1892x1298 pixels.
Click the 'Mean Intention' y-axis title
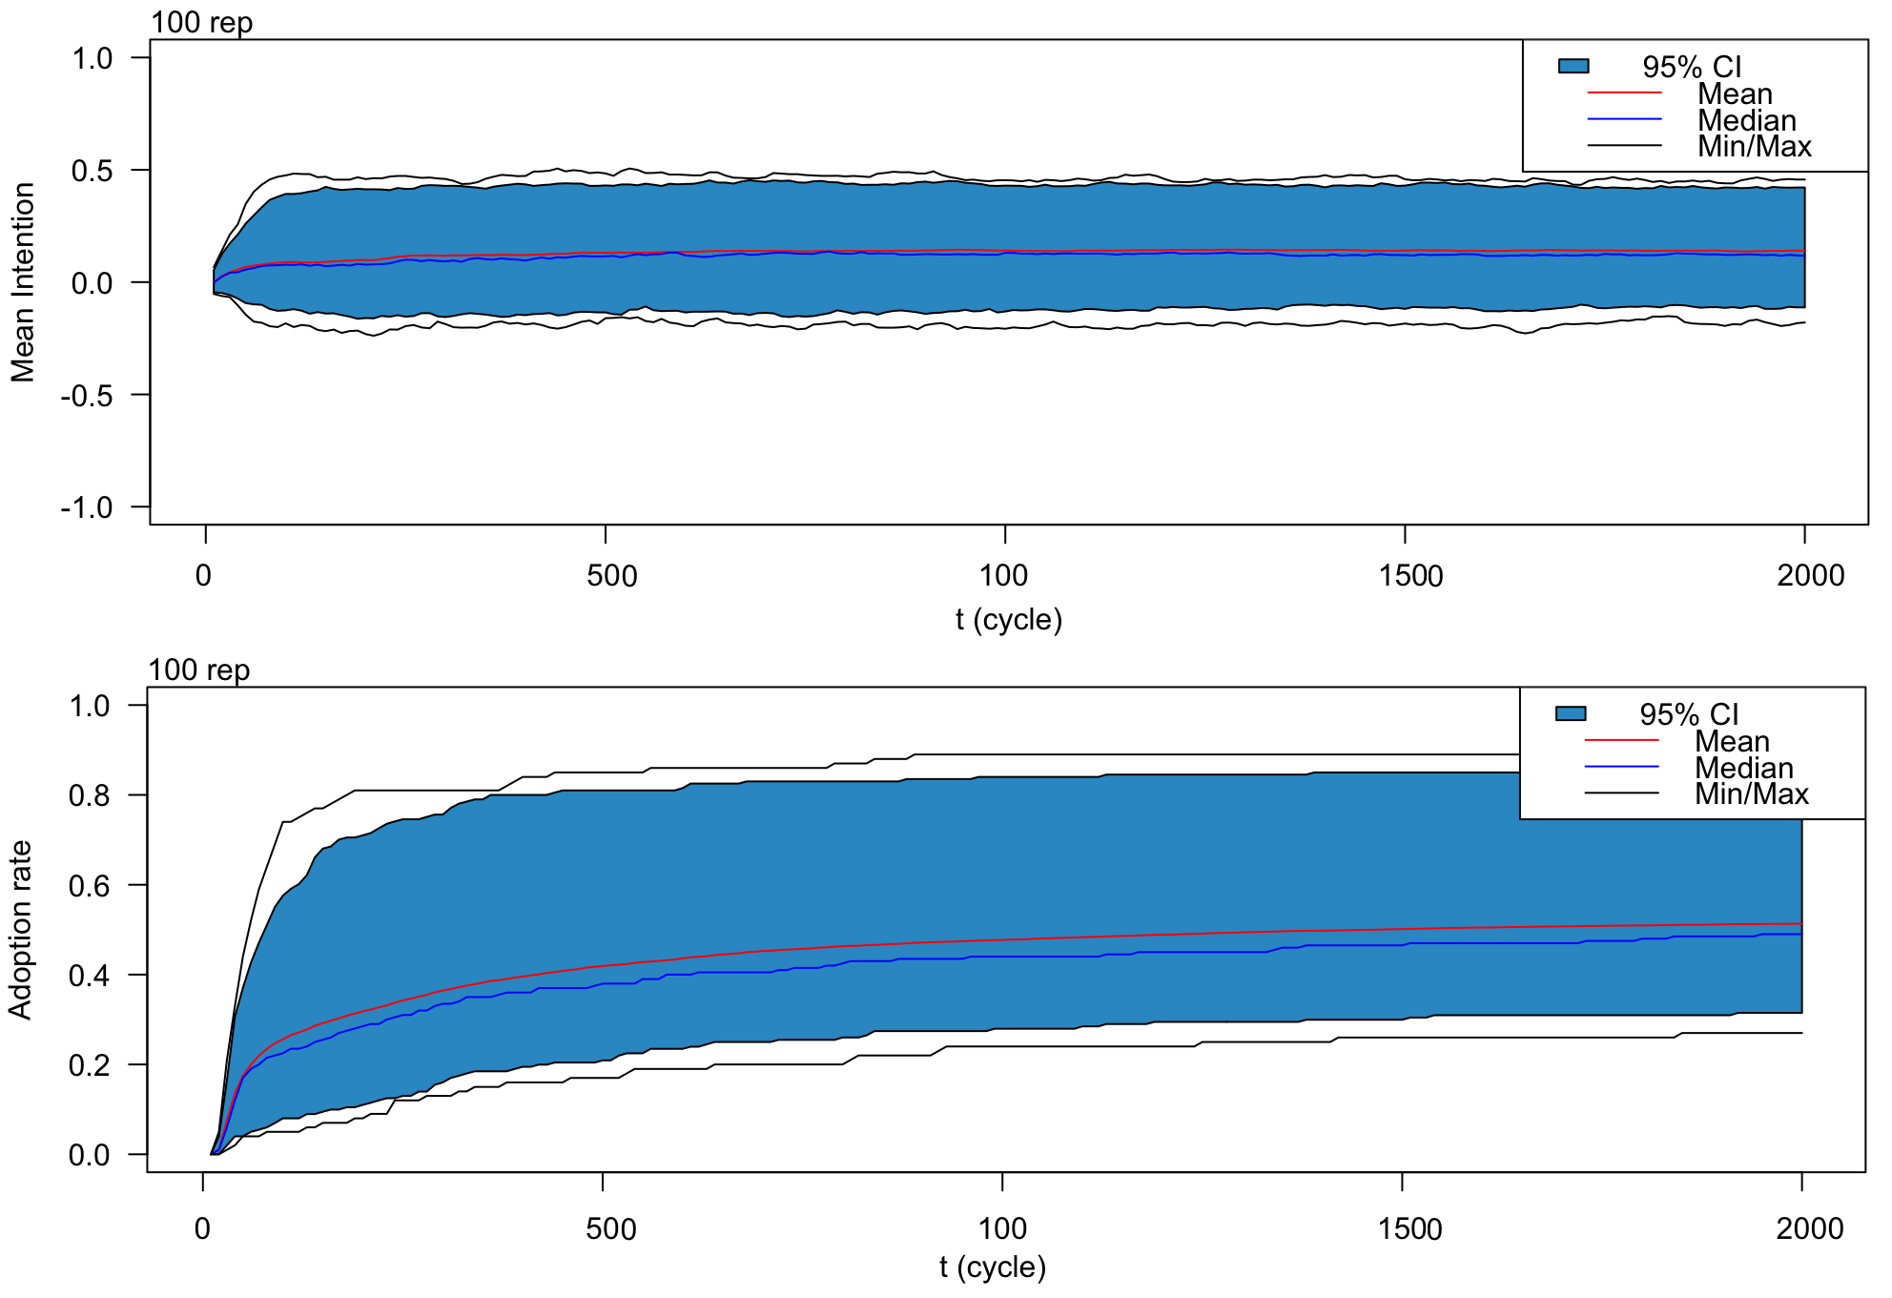(x=23, y=282)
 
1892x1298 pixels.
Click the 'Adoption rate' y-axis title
(x=20, y=930)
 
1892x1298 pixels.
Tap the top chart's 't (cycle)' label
(x=1008, y=620)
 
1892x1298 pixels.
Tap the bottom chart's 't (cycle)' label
(x=992, y=1267)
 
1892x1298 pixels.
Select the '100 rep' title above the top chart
(x=201, y=22)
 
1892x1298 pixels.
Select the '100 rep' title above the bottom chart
(x=198, y=670)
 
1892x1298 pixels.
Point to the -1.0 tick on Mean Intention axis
(x=87, y=507)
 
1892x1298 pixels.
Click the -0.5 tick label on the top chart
(x=87, y=395)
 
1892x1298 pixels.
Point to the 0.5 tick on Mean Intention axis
(x=93, y=172)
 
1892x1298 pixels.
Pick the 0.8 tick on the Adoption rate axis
(x=90, y=795)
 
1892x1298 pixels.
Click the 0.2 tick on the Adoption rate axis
(x=90, y=1065)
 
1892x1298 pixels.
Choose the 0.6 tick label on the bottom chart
(x=90, y=886)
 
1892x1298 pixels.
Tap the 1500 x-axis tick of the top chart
(x=1410, y=576)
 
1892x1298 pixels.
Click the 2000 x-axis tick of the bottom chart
(x=1809, y=1228)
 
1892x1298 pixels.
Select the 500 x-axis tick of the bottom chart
(x=610, y=1228)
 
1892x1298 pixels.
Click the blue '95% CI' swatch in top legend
(x=1573, y=66)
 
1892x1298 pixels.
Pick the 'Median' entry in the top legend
(x=1746, y=120)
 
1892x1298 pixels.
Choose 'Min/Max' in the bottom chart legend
(x=1751, y=793)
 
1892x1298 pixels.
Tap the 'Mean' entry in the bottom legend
(x=1732, y=741)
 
